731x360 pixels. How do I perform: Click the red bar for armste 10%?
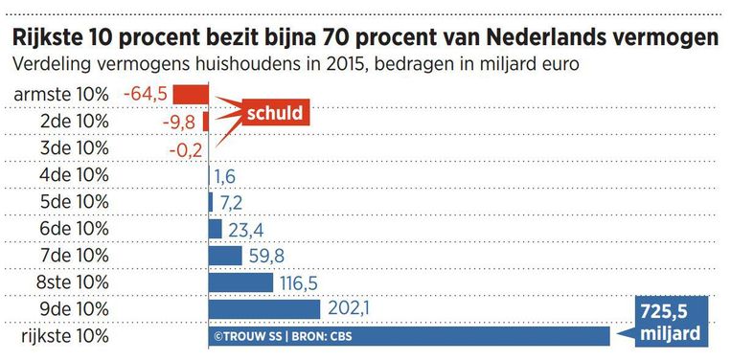tap(191, 94)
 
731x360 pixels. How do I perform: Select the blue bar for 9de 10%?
tap(263, 309)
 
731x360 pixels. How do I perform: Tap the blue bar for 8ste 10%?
tap(240, 282)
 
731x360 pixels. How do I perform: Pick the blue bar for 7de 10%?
tap(225, 256)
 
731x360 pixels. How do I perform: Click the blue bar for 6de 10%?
tap(216, 229)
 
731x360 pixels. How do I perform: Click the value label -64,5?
tap(147, 94)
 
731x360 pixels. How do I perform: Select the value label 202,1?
tap(349, 309)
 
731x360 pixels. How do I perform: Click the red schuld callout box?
tap(275, 113)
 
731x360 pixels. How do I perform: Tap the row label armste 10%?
tap(60, 94)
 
